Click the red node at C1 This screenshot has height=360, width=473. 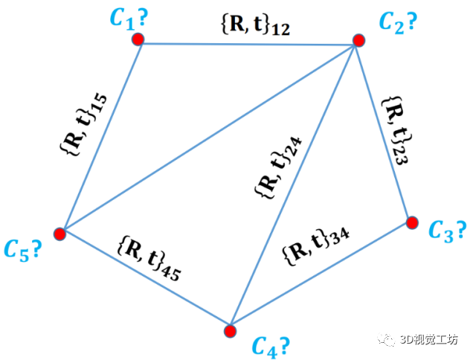[x=138, y=40]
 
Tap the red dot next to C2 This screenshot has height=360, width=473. [x=359, y=40]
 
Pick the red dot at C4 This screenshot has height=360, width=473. [x=231, y=330]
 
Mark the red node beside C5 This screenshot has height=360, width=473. [x=61, y=234]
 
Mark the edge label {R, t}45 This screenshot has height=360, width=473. [x=149, y=257]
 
